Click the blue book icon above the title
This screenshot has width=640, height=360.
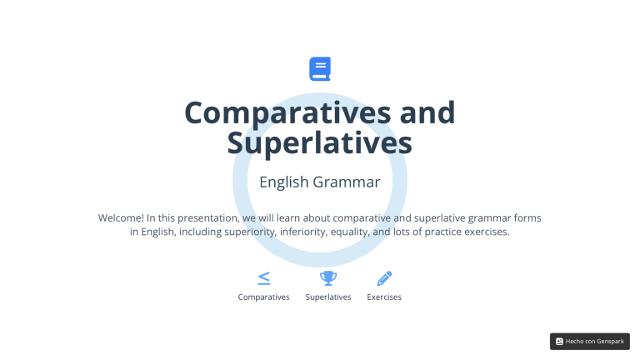pos(320,68)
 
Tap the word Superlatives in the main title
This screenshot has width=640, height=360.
pos(320,142)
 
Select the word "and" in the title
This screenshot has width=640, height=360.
pos(423,112)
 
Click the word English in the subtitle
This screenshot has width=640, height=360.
pos(284,182)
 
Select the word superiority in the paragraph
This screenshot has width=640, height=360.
pos(250,232)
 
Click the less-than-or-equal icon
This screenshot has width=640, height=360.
pos(264,278)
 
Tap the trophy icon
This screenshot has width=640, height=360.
pos(328,278)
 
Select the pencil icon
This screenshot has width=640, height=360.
pos(384,278)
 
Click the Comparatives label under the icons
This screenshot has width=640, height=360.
pos(264,297)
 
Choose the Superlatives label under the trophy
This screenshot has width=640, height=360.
pos(328,297)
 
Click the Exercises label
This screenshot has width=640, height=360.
pos(384,297)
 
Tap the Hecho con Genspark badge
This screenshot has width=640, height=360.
pos(590,341)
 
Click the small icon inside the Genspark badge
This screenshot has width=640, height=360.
pos(559,341)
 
